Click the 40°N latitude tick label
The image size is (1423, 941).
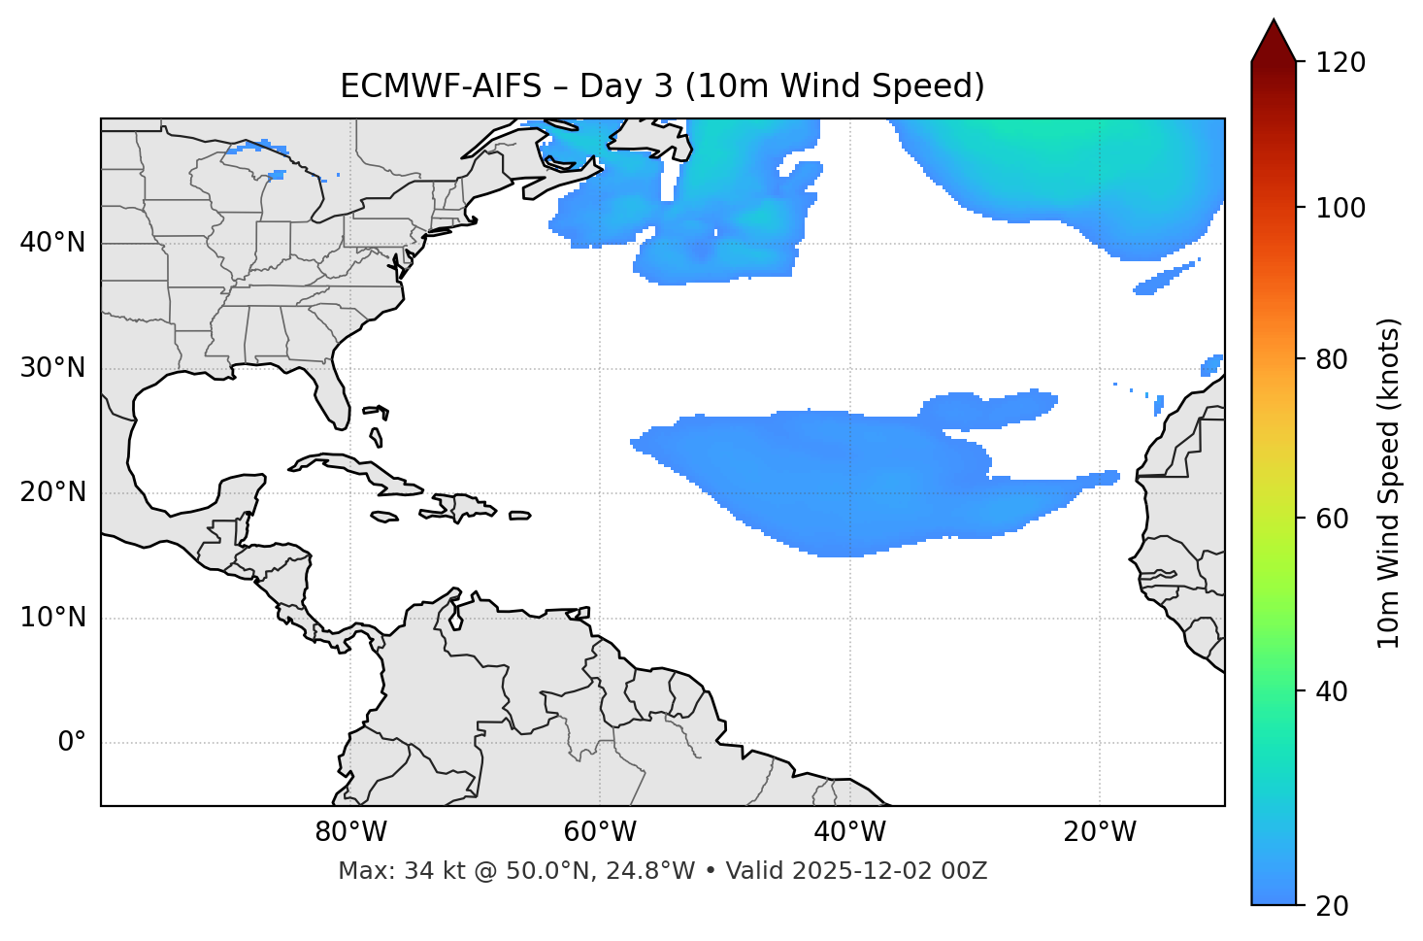point(52,243)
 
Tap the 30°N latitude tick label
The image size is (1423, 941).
point(52,368)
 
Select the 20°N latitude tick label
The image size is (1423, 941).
point(52,492)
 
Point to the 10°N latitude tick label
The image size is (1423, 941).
point(52,618)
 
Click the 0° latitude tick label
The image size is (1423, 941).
point(72,743)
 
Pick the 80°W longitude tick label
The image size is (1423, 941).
point(350,832)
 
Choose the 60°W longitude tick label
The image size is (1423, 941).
point(600,832)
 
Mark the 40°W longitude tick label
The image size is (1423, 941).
point(849,832)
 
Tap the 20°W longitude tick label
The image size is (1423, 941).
point(1100,832)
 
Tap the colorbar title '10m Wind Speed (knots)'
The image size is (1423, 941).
point(1389,483)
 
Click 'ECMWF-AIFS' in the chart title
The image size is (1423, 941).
point(441,86)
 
